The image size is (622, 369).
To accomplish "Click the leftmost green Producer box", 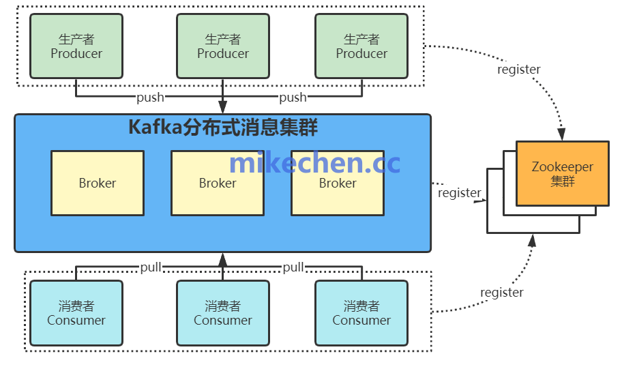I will click(x=76, y=46).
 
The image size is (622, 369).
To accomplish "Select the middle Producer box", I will click(x=223, y=46).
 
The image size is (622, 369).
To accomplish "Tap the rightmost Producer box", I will click(x=361, y=46).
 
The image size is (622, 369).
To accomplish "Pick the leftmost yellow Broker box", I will click(x=98, y=183).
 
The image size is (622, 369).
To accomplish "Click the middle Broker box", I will click(x=218, y=183).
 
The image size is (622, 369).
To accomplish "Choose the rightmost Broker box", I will click(x=338, y=183).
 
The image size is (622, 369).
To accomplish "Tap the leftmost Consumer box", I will click(x=76, y=313).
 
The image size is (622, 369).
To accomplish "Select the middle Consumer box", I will click(x=223, y=313).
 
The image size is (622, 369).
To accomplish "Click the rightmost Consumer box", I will click(x=361, y=313).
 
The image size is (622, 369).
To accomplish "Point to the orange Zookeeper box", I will click(x=562, y=173).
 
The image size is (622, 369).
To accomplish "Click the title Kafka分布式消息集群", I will click(x=223, y=128).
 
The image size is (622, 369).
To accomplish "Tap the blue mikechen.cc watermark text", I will click(x=314, y=163).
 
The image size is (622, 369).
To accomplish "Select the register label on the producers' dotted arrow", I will click(x=519, y=69).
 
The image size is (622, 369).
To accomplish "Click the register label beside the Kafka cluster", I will click(x=459, y=193).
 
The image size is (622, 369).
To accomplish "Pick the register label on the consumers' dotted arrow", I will click(x=502, y=292).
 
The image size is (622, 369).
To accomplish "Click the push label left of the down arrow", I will click(x=150, y=98).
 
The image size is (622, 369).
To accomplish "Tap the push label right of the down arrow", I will click(x=293, y=98).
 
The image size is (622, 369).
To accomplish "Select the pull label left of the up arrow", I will click(x=151, y=267).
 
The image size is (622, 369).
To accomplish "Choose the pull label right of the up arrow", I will click(x=293, y=267).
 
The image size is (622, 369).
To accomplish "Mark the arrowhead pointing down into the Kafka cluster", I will click(x=223, y=107).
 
